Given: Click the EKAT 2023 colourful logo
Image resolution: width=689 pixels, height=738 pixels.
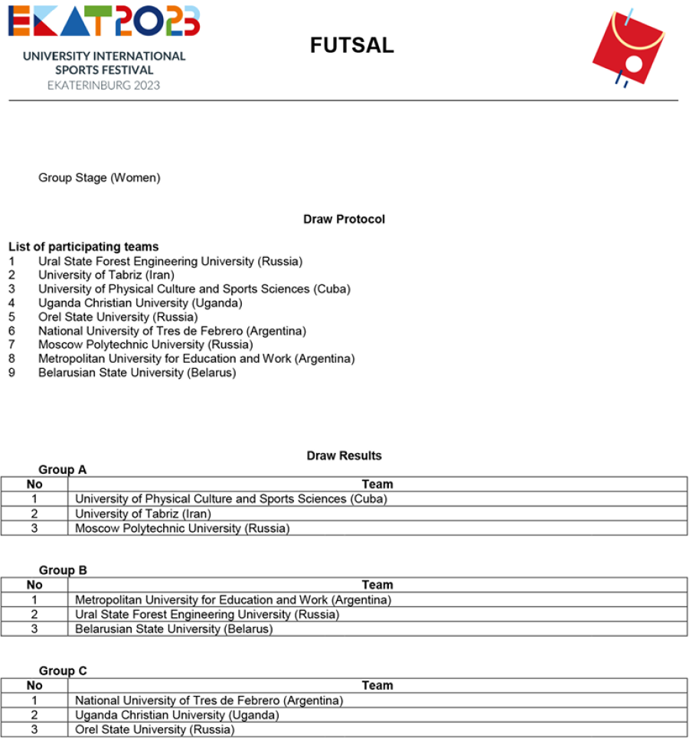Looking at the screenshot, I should [x=104, y=21].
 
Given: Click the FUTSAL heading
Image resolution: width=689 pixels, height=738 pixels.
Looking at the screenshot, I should [x=351, y=46].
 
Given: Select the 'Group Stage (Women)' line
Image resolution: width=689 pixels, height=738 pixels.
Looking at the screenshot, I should [x=100, y=178].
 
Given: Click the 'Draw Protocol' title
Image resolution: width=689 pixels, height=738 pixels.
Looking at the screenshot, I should [x=344, y=220].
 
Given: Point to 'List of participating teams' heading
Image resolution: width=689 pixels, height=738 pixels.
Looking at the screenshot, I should [x=83, y=247].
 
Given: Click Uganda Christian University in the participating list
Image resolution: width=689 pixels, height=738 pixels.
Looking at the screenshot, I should [x=140, y=303].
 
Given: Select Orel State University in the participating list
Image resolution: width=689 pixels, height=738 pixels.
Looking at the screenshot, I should [x=118, y=317].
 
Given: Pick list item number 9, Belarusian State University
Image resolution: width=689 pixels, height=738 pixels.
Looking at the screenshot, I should [x=137, y=373].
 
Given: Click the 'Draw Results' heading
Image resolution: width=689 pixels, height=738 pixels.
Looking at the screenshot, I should [x=344, y=456].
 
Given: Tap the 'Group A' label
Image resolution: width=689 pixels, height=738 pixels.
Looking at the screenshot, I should [x=63, y=470].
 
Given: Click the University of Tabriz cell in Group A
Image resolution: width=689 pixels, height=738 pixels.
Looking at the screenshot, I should [x=143, y=514].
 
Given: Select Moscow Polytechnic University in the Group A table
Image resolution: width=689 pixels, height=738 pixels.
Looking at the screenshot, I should [x=182, y=528].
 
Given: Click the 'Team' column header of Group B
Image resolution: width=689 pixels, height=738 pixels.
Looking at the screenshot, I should [x=377, y=585].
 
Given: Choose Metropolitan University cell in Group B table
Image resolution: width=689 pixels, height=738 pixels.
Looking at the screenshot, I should [x=233, y=599].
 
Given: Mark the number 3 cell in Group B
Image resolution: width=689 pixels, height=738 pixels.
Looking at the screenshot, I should [x=34, y=629].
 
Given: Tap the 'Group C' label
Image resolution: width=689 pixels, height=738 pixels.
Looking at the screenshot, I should [x=63, y=671].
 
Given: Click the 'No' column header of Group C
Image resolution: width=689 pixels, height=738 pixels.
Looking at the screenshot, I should [x=34, y=686].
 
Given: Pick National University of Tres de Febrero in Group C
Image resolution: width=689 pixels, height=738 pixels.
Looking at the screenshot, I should [x=209, y=700].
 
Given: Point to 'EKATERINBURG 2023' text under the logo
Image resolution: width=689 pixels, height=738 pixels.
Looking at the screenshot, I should [x=104, y=85].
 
